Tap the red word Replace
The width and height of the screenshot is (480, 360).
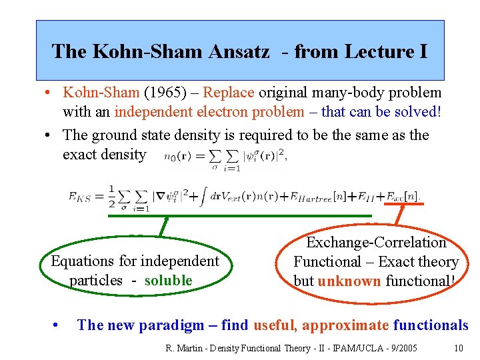pos(229,92)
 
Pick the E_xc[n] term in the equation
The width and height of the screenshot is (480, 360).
pos(402,196)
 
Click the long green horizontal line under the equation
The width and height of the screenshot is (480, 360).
pos(241,215)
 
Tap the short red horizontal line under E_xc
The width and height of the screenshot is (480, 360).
pos(403,203)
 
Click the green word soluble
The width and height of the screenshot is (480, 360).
pos(167,280)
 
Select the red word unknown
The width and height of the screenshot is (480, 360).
pos(349,281)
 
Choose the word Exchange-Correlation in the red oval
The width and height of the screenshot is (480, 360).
pos(376,243)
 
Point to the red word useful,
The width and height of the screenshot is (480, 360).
pos(274,325)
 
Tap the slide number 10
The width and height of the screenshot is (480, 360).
pos(458,347)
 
